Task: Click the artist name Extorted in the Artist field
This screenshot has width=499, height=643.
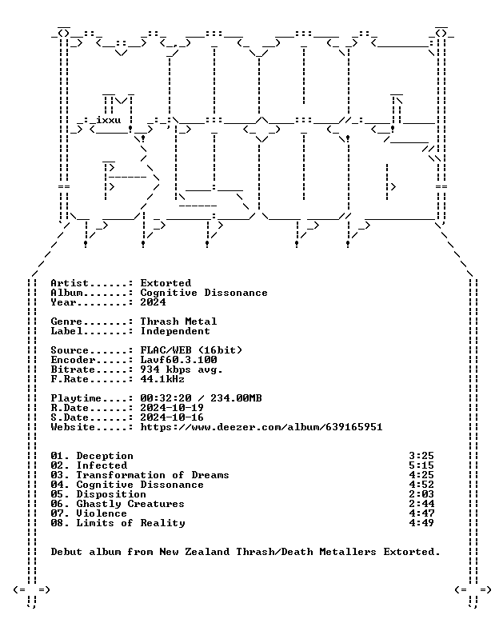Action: [166, 283]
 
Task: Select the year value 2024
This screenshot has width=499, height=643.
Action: [153, 302]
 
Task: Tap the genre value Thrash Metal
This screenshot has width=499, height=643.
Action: [178, 321]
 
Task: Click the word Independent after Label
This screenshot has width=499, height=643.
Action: [175, 331]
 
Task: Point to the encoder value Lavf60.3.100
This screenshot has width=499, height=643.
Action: [178, 360]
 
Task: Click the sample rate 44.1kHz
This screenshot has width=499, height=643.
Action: [162, 379]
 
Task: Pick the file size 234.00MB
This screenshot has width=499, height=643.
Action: [236, 398]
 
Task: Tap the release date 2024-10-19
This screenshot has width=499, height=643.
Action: [172, 408]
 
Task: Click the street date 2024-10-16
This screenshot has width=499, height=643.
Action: [172, 417]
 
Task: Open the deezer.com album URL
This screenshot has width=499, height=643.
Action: [261, 427]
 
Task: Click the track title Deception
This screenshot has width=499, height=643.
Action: [105, 456]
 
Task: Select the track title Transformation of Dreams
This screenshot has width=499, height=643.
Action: [153, 475]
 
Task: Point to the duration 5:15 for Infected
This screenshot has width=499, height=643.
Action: [421, 465]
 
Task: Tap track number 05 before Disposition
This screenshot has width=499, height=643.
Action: [57, 494]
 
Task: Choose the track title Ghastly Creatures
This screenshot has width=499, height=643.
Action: [130, 504]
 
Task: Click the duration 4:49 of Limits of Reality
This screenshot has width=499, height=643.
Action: [421, 523]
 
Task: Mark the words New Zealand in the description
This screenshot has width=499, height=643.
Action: [194, 552]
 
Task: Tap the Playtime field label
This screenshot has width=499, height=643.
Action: [76, 398]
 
